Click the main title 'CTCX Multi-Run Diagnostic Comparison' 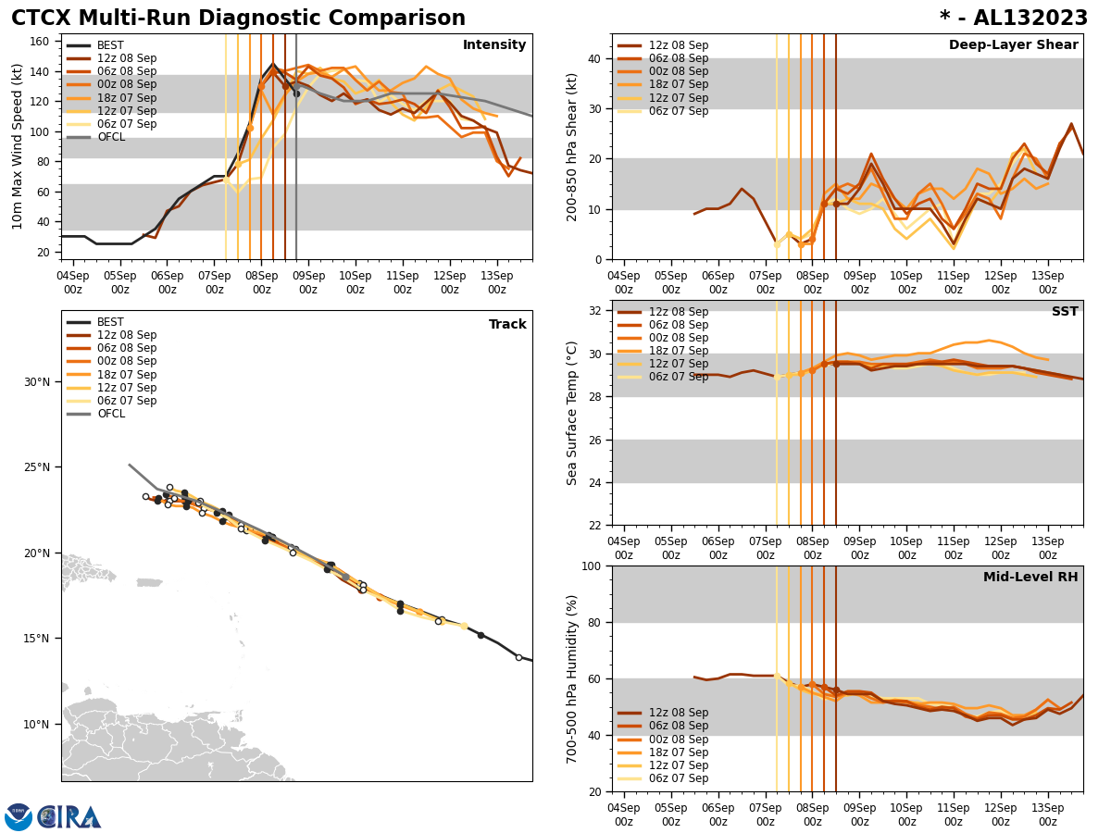click(x=238, y=19)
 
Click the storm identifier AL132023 click(x=1025, y=19)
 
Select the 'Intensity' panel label click(x=494, y=45)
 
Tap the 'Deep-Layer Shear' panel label click(x=1013, y=45)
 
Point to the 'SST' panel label click(x=1065, y=312)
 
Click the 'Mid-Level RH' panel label click(x=1030, y=578)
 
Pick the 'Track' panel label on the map click(x=507, y=325)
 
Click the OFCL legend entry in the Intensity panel click(x=111, y=137)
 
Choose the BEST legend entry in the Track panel click(x=110, y=322)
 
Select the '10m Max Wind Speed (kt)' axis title click(x=18, y=146)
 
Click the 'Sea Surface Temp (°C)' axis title click(x=573, y=413)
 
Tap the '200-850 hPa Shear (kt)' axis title click(x=573, y=146)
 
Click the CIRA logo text click(x=70, y=816)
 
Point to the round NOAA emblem click(x=19, y=816)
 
